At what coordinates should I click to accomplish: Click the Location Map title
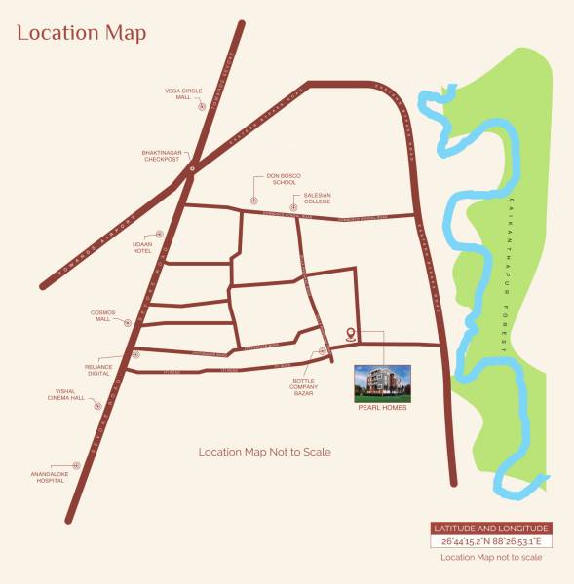coord(81,33)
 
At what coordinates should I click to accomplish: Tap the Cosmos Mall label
coord(103,316)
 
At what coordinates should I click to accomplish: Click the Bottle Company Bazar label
coord(304,373)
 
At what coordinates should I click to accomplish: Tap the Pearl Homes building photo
coord(382,383)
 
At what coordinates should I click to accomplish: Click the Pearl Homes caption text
coord(382,407)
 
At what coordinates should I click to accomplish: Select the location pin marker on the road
coord(351,334)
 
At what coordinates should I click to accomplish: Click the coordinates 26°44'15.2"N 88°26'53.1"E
coord(490,540)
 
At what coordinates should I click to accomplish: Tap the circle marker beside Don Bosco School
coord(253,200)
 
